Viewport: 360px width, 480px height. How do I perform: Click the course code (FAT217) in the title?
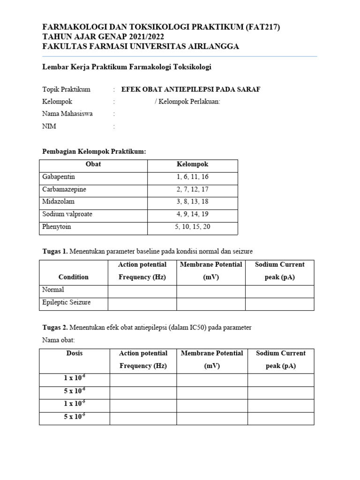pos(263,27)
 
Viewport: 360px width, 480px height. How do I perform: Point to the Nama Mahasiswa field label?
pos(67,113)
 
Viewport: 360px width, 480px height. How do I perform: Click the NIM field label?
pos(49,126)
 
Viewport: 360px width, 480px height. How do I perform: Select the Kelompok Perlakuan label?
pos(187,101)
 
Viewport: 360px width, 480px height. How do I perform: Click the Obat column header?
pos(93,164)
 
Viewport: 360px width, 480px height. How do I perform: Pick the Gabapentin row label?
pos(59,177)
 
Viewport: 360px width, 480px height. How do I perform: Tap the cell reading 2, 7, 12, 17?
pos(192,189)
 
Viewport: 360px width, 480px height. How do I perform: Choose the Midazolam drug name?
pos(58,202)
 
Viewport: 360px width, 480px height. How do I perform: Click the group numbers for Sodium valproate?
pos(192,214)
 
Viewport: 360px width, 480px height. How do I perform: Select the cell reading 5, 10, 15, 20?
pos(192,227)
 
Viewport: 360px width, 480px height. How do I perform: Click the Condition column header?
pos(74,277)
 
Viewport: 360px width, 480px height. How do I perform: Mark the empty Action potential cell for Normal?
pos(142,290)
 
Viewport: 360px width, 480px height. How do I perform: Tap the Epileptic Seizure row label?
pos(67,302)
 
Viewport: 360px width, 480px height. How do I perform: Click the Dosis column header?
pos(75,353)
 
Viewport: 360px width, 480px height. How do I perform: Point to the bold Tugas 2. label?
pos(55,327)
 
